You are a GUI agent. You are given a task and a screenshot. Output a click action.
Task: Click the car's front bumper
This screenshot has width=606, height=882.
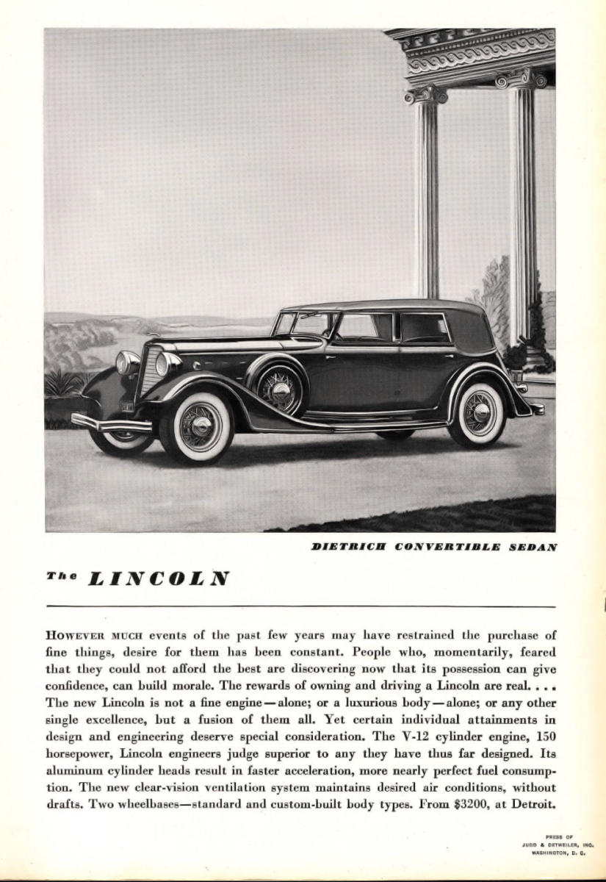pyautogui.click(x=110, y=423)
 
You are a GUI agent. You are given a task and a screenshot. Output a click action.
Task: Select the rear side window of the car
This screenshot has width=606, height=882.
pyautogui.click(x=424, y=328)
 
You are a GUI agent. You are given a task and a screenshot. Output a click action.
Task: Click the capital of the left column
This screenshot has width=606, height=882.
pyautogui.click(x=425, y=94)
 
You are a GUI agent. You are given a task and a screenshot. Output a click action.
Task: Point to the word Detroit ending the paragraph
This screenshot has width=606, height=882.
pyautogui.click(x=531, y=803)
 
